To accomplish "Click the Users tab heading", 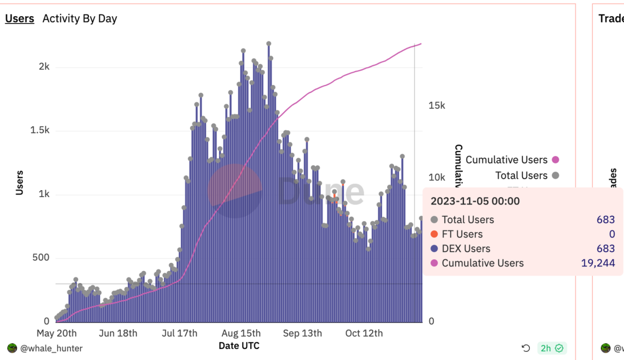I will click(20, 18).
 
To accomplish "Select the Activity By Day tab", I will click(80, 18).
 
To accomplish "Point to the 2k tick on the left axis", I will click(44, 66).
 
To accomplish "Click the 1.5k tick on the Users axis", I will click(40, 130).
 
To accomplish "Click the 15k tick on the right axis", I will click(437, 105).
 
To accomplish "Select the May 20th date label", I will click(57, 333).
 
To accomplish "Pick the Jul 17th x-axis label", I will click(180, 333).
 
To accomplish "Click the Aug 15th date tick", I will click(241, 333).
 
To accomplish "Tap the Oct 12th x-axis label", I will click(364, 333).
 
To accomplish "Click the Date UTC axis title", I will click(239, 346).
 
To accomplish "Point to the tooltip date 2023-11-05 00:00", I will click(475, 201).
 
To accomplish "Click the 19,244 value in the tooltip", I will click(598, 263).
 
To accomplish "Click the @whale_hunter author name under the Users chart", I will click(51, 348).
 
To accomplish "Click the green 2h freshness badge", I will click(552, 348).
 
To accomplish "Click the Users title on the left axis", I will click(20, 182).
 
